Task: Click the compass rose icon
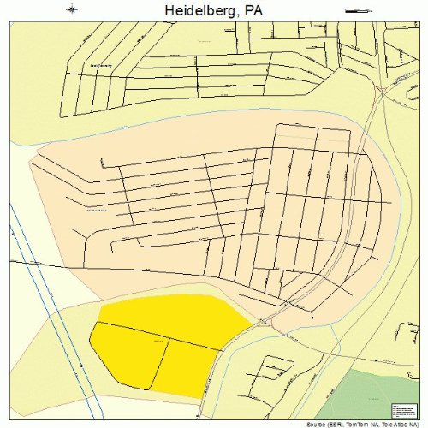(x=73, y=9)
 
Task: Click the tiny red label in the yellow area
(x=158, y=340)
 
